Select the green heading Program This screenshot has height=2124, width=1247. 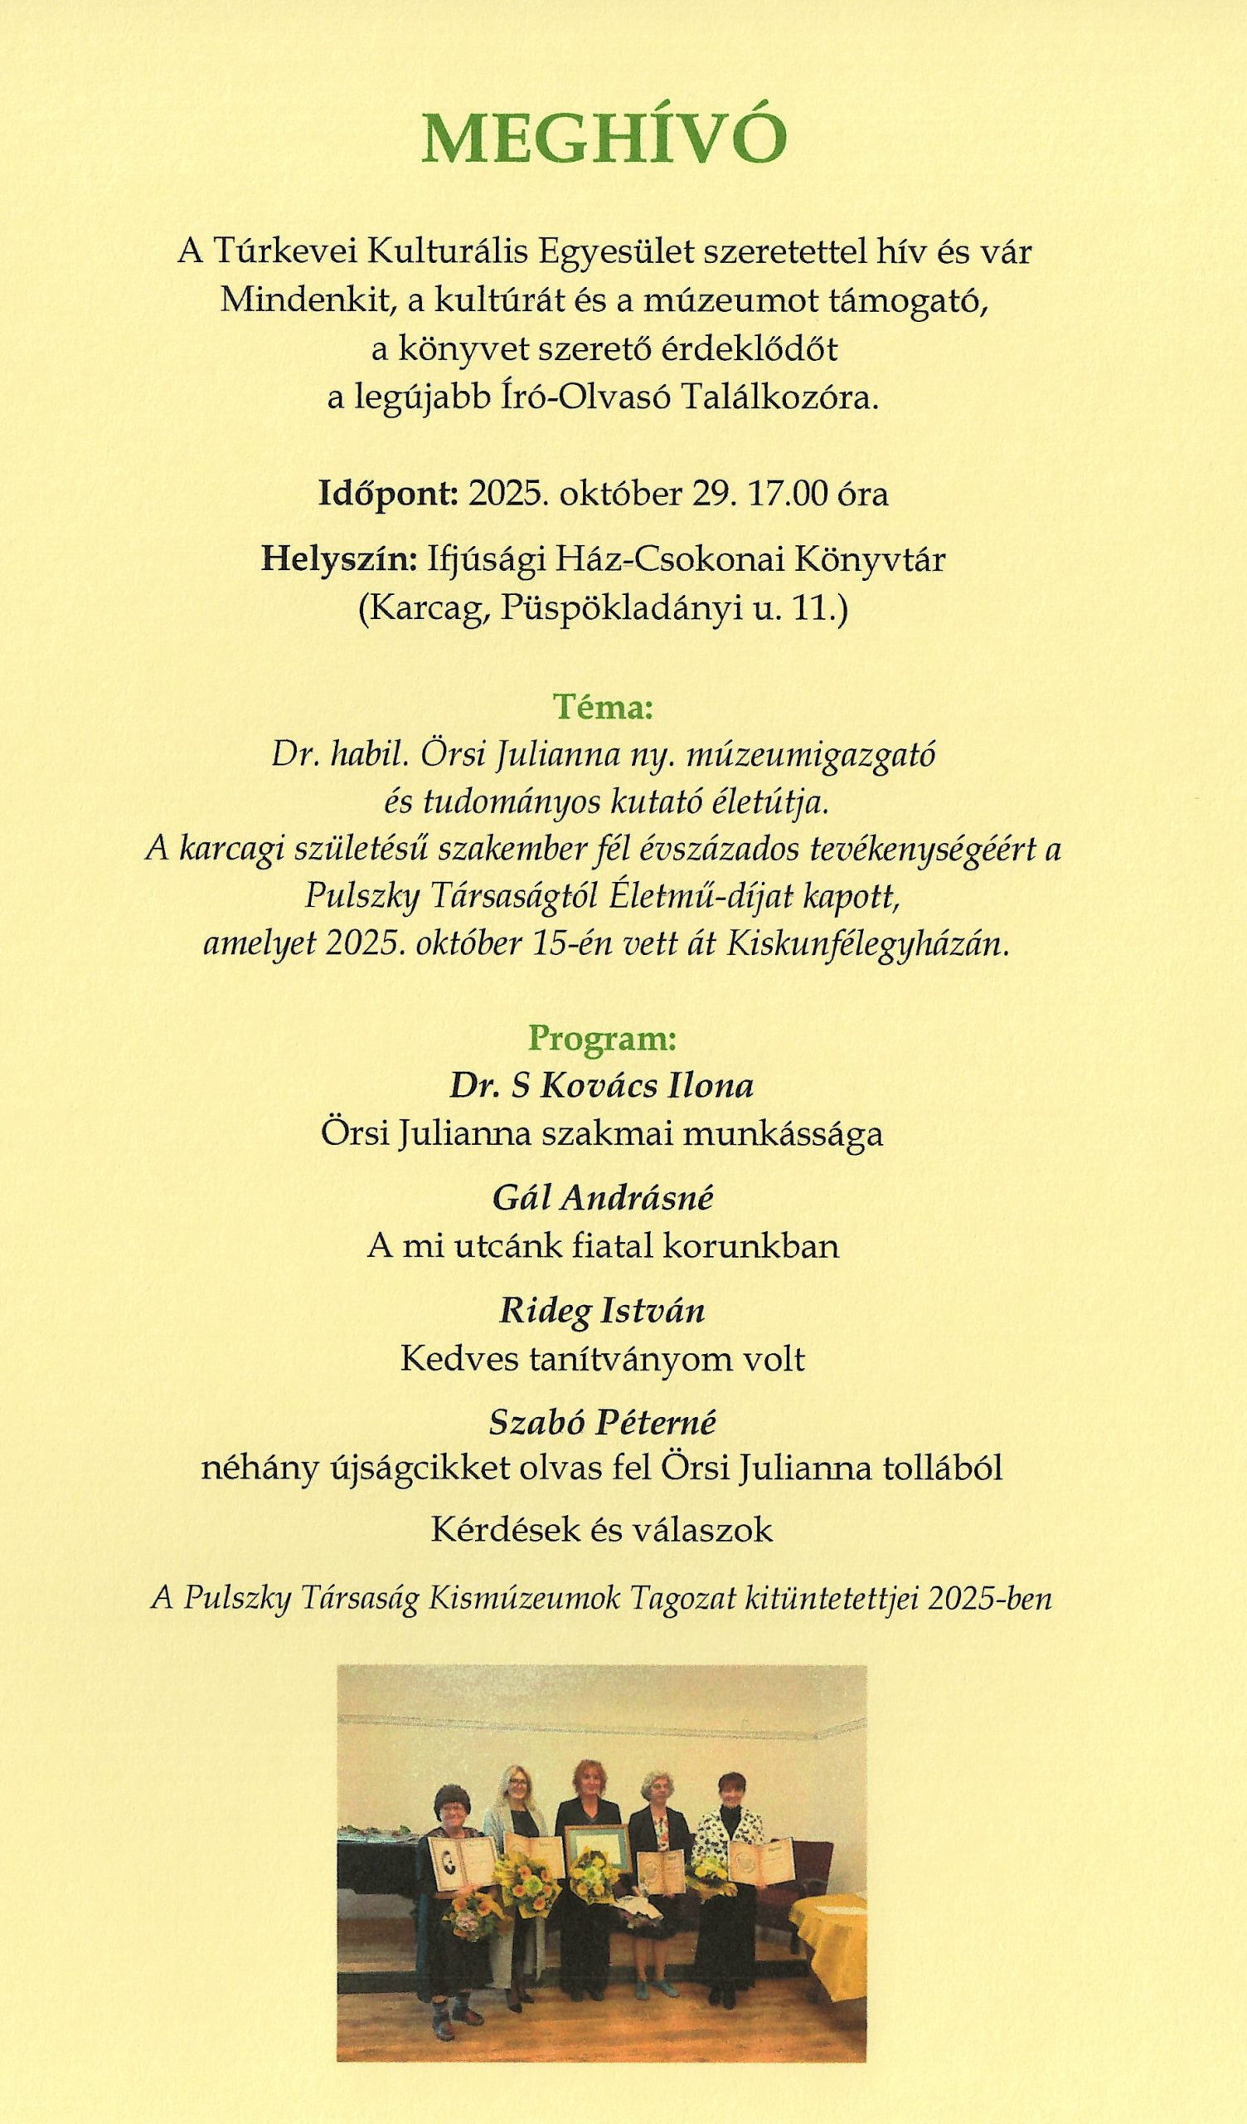603,1040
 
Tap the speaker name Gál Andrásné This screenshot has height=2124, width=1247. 603,1199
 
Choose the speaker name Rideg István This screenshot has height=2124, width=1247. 603,1312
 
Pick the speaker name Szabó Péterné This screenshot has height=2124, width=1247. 603,1424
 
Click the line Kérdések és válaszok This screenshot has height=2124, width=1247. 602,1530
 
